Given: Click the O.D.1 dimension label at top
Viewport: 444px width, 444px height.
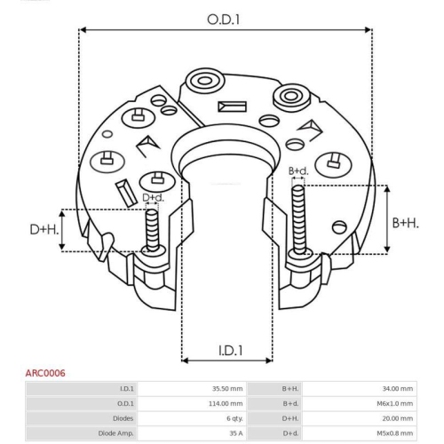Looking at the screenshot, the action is [223, 20].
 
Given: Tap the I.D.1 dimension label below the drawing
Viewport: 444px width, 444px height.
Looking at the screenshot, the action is [230, 351].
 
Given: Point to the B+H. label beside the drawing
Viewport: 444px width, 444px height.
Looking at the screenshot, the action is [406, 223].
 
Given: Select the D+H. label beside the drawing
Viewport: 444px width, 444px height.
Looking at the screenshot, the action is [44, 229].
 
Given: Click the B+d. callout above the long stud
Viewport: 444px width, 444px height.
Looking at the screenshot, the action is [298, 170].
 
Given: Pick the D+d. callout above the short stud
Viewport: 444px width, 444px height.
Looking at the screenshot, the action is [153, 197].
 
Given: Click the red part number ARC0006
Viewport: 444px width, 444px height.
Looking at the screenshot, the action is [45, 373].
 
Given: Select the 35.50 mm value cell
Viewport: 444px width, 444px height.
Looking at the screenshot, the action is [227, 389].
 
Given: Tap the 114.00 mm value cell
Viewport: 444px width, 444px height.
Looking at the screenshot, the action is [226, 403].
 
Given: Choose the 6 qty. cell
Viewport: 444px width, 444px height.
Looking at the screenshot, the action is [234, 418].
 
